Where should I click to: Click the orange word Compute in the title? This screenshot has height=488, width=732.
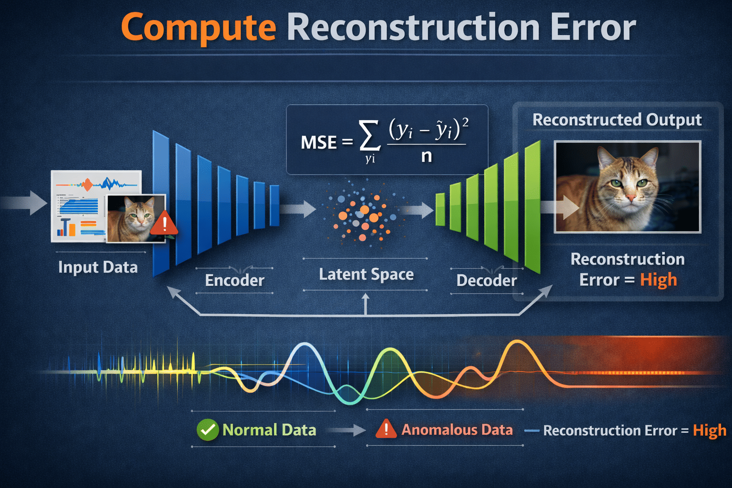coord(198,27)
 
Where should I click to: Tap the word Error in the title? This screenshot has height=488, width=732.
coord(593,27)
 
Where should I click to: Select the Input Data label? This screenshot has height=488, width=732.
coord(98,267)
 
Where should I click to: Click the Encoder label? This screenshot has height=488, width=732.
coord(234,280)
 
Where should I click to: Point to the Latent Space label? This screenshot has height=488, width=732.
coord(366,274)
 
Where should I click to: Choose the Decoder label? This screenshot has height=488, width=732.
coord(486,280)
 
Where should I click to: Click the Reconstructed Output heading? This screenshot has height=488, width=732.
coord(617,120)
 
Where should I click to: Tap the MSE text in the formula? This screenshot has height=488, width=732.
coord(318,142)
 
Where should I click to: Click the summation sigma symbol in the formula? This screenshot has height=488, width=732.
coord(370,136)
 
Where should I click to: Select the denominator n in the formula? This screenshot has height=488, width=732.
coord(427,156)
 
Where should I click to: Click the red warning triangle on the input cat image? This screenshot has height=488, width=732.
coord(164,223)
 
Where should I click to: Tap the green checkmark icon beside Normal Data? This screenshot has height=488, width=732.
coord(207,430)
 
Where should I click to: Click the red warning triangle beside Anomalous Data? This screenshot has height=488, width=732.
coord(386,429)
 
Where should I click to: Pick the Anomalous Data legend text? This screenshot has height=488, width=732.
coord(457,430)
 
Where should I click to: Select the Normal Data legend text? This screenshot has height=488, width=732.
coord(269,430)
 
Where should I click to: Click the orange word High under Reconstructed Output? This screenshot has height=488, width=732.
coord(658,280)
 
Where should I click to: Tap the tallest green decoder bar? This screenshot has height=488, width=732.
coord(532,207)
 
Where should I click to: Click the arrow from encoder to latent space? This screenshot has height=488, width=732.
coord(299,208)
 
